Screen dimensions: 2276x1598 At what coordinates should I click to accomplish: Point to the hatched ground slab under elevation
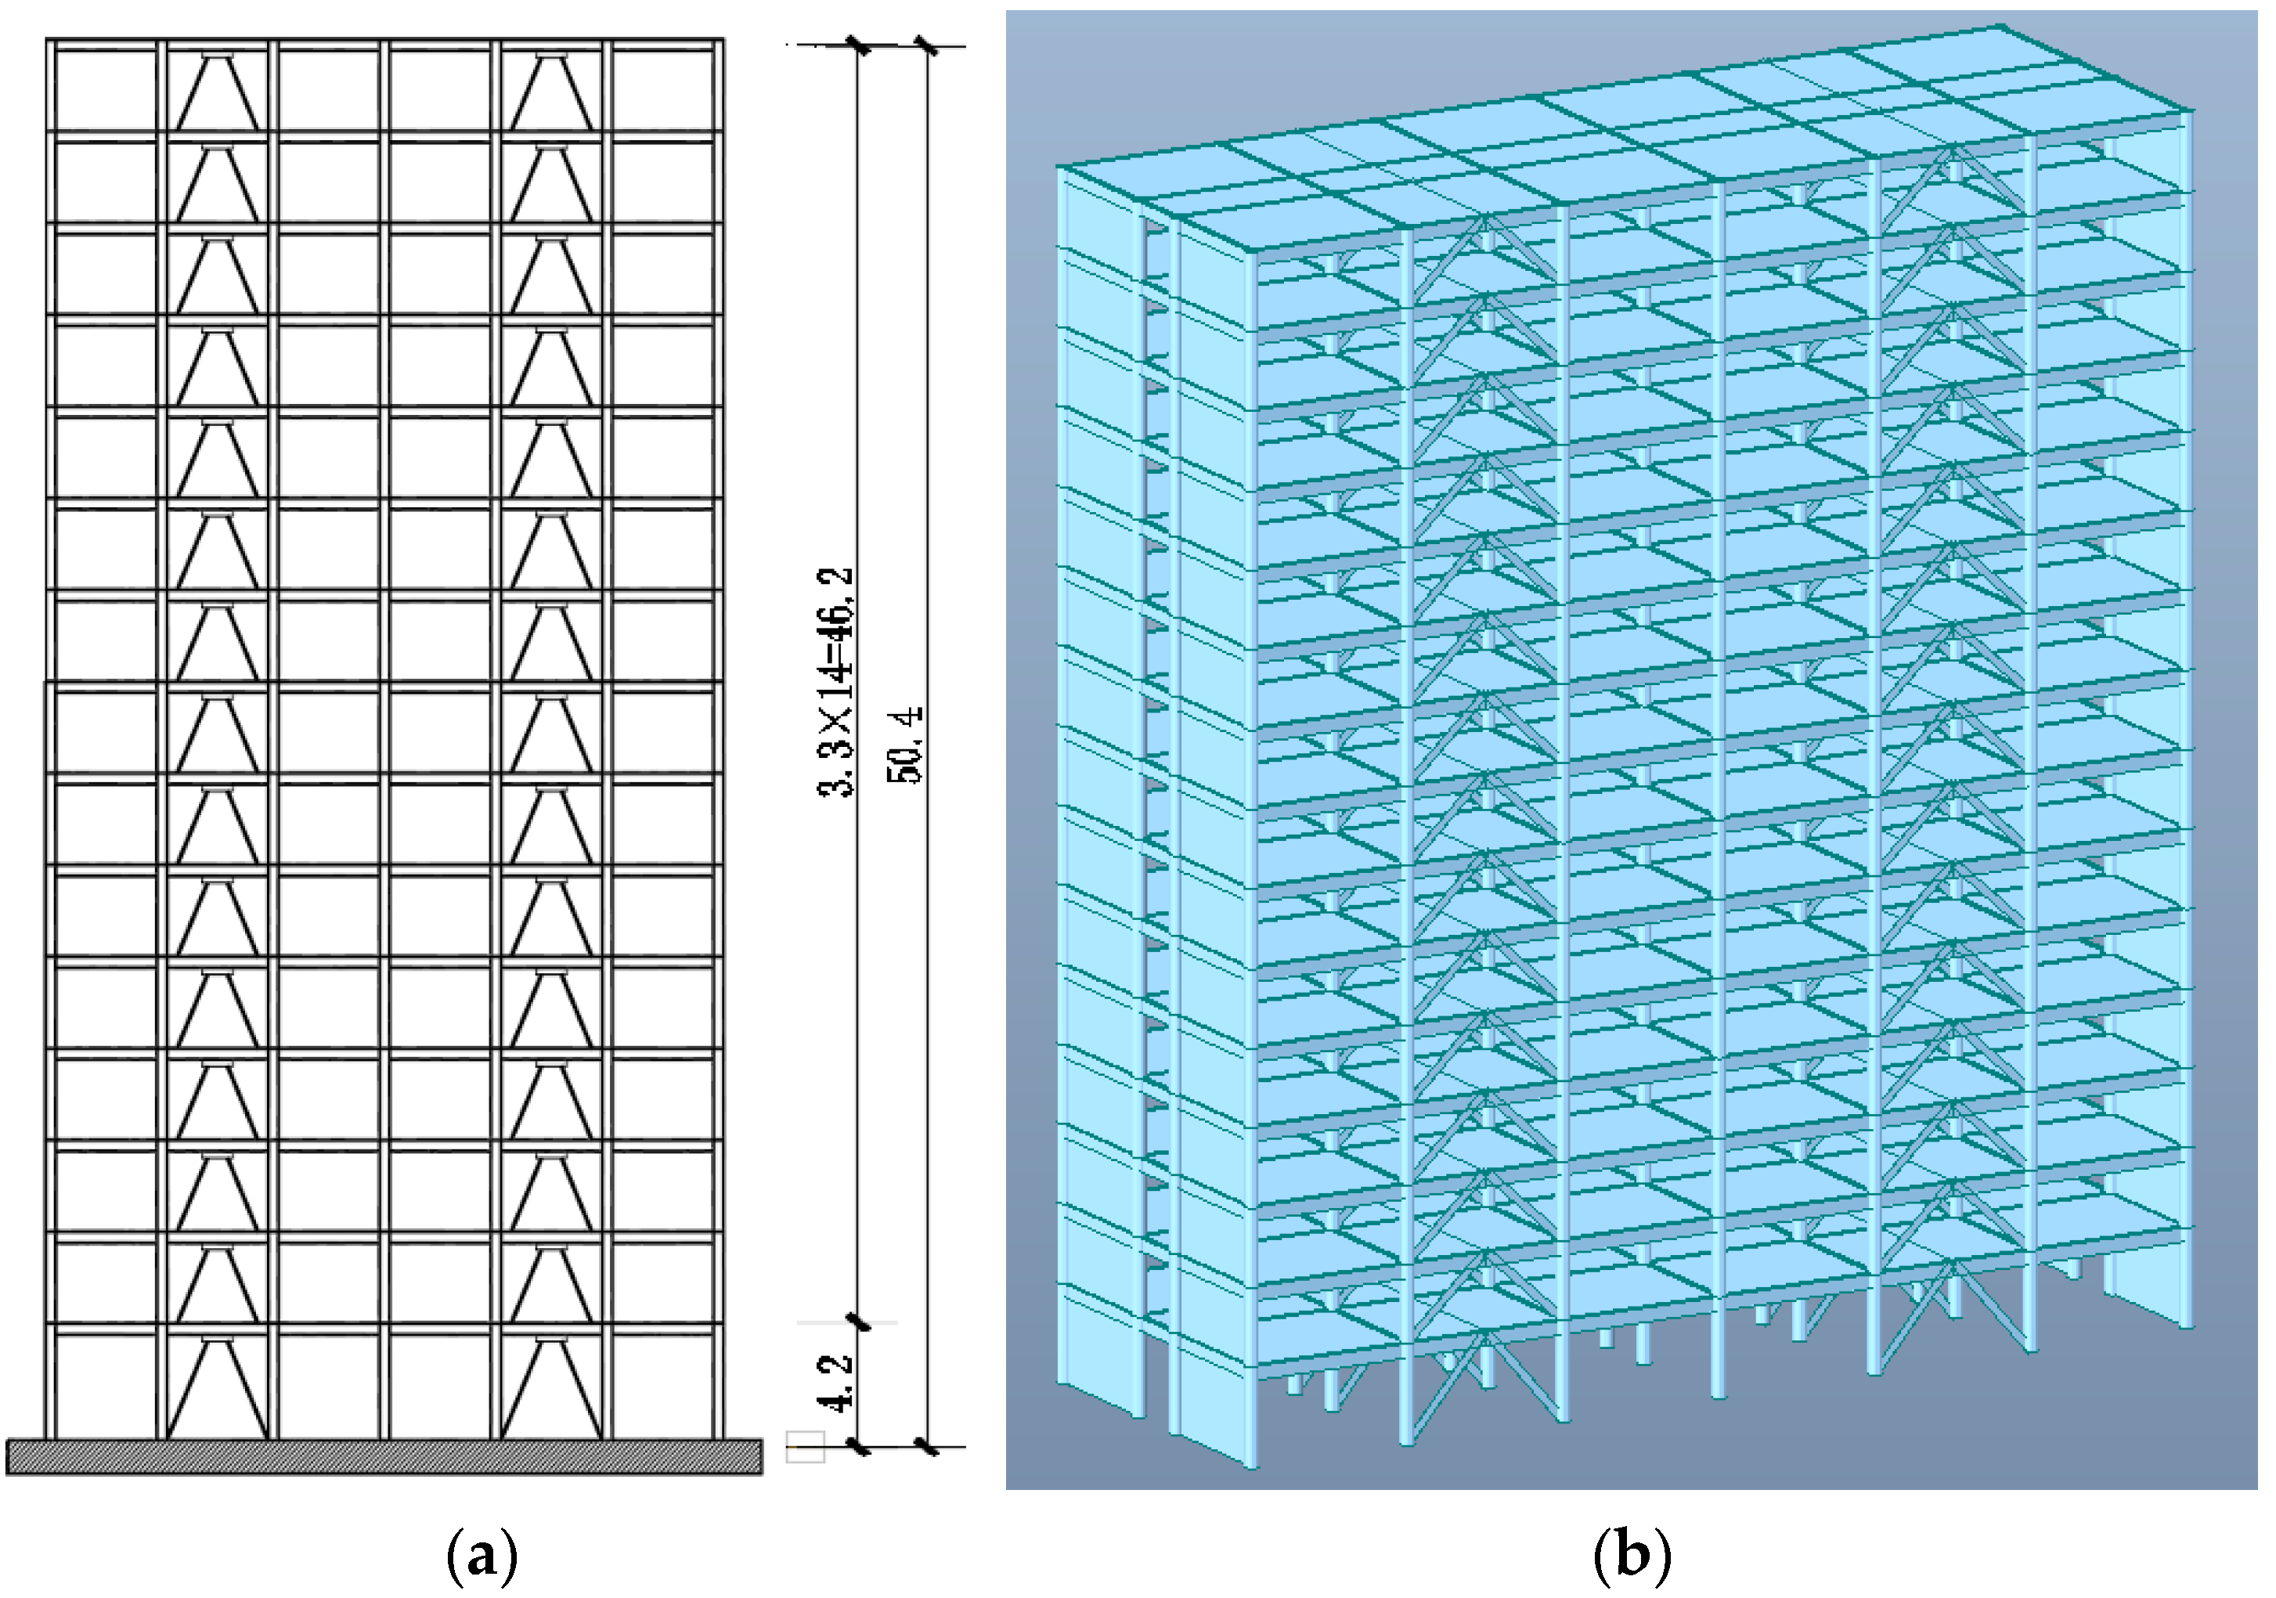coord(384,1456)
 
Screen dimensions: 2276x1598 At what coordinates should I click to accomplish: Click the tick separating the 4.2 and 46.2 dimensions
coord(858,1322)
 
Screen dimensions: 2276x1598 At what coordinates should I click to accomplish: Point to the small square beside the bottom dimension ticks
coord(805,1446)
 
